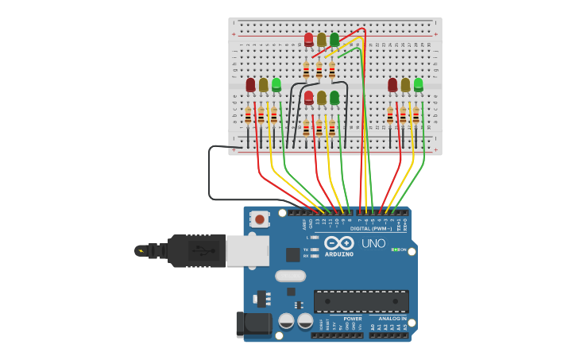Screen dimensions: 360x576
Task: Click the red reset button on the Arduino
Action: pyautogui.click(x=259, y=218)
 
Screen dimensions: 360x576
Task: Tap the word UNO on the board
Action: pyautogui.click(x=373, y=244)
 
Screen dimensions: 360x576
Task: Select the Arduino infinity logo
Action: pyautogui.click(x=339, y=243)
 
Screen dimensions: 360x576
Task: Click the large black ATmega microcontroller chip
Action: pyautogui.click(x=361, y=300)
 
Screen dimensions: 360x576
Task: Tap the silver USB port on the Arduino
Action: pyautogui.click(x=247, y=250)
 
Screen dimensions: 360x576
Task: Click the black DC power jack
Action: pyautogui.click(x=253, y=323)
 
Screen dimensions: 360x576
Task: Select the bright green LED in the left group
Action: pyautogui.click(x=276, y=84)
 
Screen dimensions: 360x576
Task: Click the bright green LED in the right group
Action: pyautogui.click(x=419, y=84)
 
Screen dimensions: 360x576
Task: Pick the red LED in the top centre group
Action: pyautogui.click(x=309, y=39)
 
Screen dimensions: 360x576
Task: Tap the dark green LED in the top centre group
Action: pyautogui.click(x=334, y=39)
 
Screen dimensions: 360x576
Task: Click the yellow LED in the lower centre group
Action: pyautogui.click(x=322, y=98)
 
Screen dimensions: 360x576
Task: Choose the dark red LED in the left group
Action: pyautogui.click(x=251, y=84)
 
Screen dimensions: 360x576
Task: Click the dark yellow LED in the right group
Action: pyautogui.click(x=406, y=84)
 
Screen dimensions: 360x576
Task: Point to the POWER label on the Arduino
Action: pyautogui.click(x=353, y=319)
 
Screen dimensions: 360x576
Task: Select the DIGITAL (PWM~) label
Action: pyautogui.click(x=371, y=229)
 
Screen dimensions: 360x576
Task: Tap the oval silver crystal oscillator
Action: pyautogui.click(x=290, y=277)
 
